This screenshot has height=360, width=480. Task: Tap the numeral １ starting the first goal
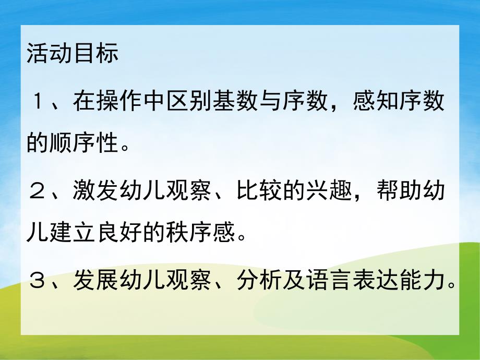click(x=39, y=103)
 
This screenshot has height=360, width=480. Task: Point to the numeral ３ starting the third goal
click(x=39, y=282)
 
